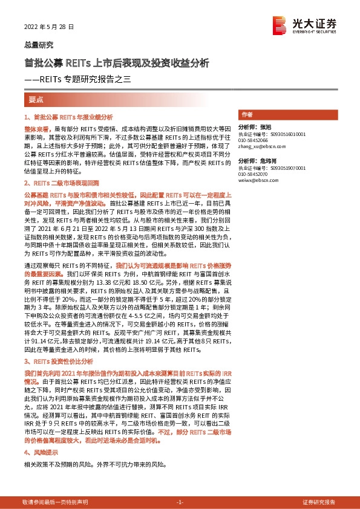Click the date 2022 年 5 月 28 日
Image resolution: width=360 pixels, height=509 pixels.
click(x=49, y=27)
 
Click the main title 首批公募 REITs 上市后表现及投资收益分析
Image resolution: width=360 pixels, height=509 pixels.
click(x=117, y=63)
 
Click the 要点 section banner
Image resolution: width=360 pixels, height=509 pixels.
click(x=36, y=99)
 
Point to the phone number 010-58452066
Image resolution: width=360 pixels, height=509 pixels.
click(x=253, y=140)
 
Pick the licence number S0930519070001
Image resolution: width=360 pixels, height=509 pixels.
click(x=287, y=168)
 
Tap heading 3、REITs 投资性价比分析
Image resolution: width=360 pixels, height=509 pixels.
click(x=62, y=361)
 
